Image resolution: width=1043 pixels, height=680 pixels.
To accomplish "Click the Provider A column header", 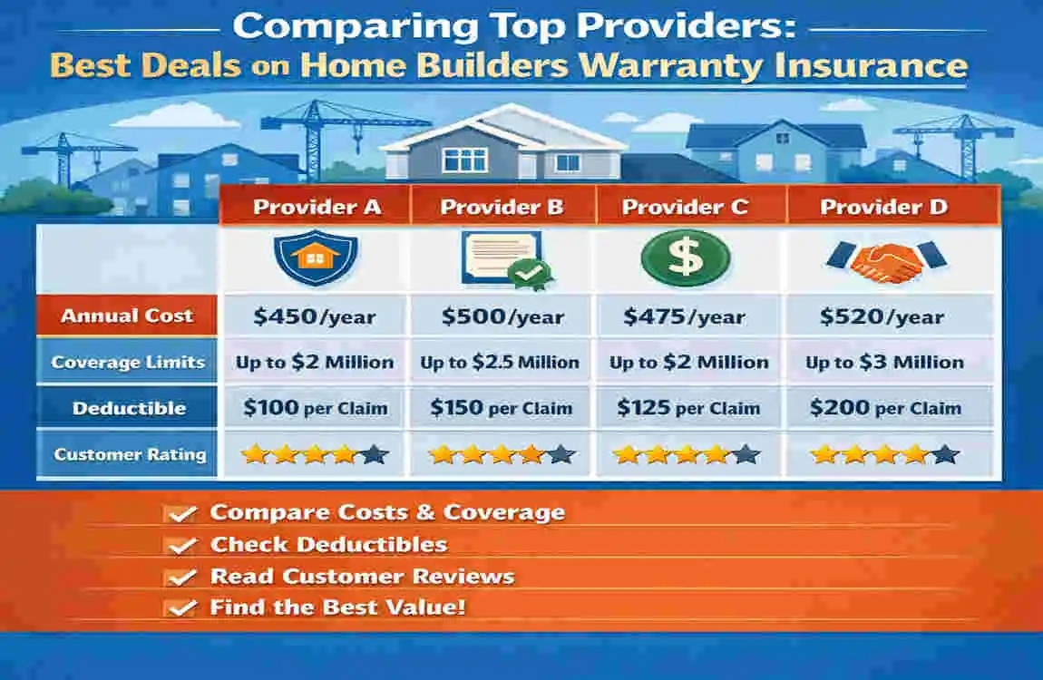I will (x=317, y=207).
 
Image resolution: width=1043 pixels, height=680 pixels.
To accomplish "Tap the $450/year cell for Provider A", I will (x=317, y=316).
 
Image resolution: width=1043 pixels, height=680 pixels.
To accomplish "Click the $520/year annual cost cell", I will (x=882, y=316).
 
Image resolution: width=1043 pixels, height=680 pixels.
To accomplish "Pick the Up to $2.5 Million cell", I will (x=500, y=363).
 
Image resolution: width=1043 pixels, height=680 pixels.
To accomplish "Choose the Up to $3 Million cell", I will (x=884, y=363).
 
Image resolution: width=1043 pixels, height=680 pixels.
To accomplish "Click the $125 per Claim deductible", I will (x=688, y=408).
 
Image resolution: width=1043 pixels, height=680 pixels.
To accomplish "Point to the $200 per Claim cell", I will (x=884, y=408).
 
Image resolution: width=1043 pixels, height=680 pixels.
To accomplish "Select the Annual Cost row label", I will (x=127, y=316).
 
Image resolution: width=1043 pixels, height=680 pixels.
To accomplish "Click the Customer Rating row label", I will (x=130, y=454).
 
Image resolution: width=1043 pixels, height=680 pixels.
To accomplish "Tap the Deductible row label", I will (x=129, y=408).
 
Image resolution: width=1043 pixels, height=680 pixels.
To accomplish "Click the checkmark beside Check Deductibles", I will (x=182, y=546).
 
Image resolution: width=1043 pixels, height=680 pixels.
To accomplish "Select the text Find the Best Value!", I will (x=337, y=607).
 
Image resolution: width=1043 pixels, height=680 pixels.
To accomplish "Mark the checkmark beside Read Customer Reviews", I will (x=182, y=578).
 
